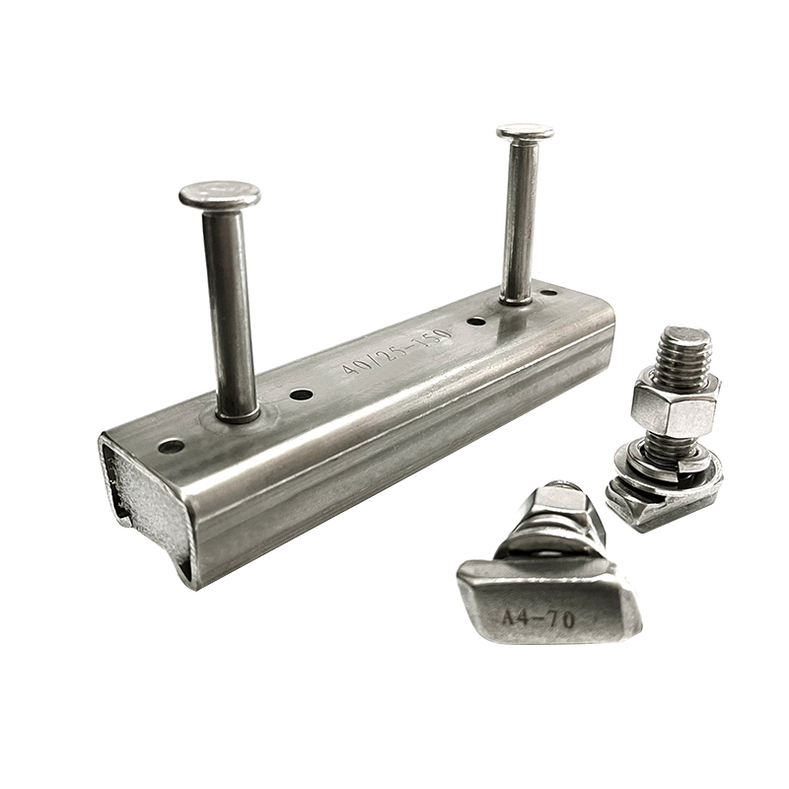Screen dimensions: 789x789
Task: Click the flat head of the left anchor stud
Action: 220,195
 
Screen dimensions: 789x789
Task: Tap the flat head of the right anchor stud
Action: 525,133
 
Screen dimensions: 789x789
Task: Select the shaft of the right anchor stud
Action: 520,221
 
